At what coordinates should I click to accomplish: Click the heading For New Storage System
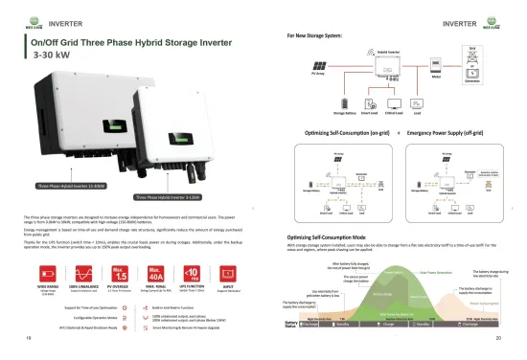pyautogui.click(x=320, y=34)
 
